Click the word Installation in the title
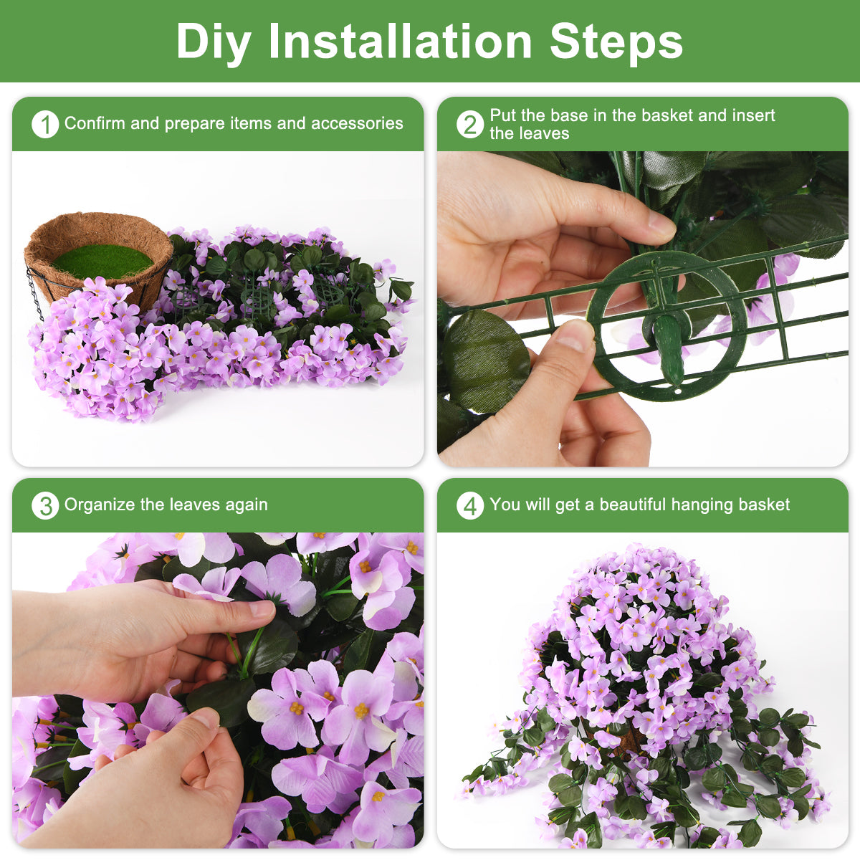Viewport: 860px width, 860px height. pyautogui.click(x=400, y=41)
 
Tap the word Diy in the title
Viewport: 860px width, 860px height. pyautogui.click(x=213, y=42)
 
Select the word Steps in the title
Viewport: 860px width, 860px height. pyautogui.click(x=616, y=42)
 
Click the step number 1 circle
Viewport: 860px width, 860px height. pyautogui.click(x=45, y=125)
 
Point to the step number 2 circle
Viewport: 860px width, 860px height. pyautogui.click(x=470, y=125)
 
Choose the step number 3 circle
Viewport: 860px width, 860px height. pyautogui.click(x=45, y=506)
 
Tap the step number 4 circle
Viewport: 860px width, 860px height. pyautogui.click(x=470, y=506)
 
